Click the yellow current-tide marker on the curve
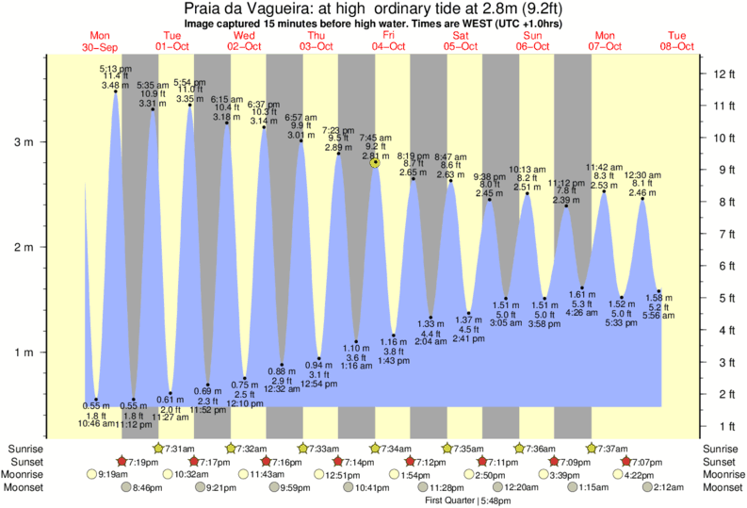pyautogui.click(x=376, y=162)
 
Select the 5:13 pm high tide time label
pyautogui.click(x=116, y=69)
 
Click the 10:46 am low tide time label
pyautogui.click(x=95, y=424)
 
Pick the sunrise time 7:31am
pyautogui.click(x=179, y=448)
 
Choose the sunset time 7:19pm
pyautogui.click(x=142, y=461)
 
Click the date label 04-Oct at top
pyautogui.click(x=388, y=46)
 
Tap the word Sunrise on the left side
pyautogui.click(x=24, y=448)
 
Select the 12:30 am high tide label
pyautogui.click(x=643, y=175)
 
